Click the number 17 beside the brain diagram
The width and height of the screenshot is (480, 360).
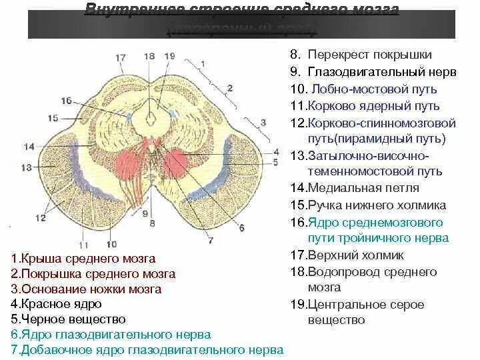[x=120, y=58]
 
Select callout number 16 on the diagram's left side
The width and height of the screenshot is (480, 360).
[x=65, y=101]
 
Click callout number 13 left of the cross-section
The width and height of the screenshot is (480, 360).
[x=27, y=167]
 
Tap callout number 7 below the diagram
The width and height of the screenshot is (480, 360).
[x=210, y=240]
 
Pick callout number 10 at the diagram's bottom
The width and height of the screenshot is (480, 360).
[x=111, y=244]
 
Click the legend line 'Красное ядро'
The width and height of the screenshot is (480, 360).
[x=56, y=304]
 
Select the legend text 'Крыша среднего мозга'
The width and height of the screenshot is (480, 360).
[x=83, y=259]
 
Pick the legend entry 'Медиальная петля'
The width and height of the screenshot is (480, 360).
[x=363, y=188]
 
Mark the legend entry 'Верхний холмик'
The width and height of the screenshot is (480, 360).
[x=356, y=255]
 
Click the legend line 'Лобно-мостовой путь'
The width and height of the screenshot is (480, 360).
[x=363, y=89]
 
